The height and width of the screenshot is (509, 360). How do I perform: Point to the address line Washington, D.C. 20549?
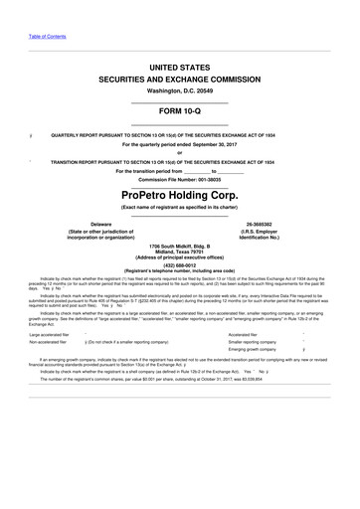point(180,89)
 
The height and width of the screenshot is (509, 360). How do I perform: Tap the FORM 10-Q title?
point(180,112)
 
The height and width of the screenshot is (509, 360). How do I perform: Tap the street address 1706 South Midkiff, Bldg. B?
point(179,245)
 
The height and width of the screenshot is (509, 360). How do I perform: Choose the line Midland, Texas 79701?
point(179,252)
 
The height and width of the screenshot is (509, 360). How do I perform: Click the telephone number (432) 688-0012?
point(179,264)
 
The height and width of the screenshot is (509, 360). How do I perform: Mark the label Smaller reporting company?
point(256,342)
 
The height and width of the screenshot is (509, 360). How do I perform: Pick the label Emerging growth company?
point(254,350)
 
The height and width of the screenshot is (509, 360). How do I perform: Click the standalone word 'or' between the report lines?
point(180,152)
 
